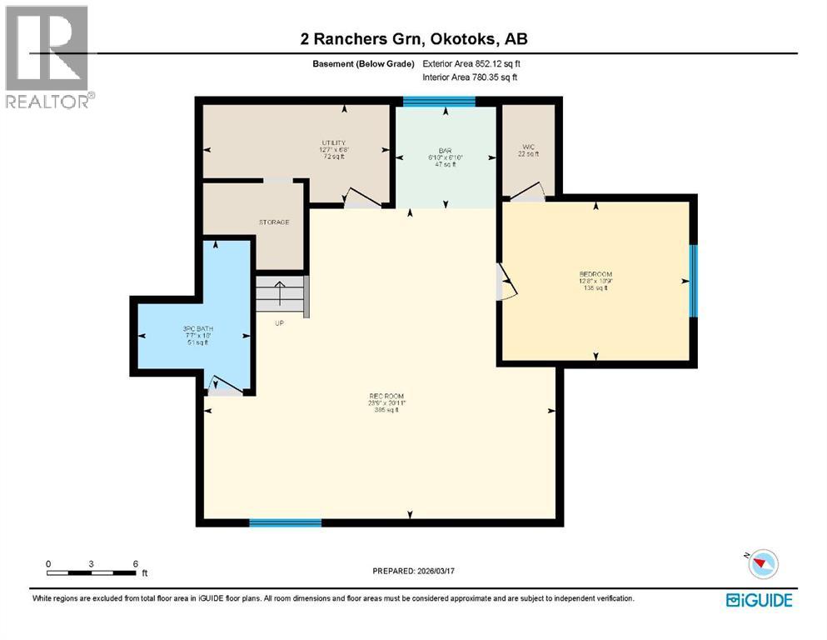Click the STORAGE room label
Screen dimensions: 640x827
pyautogui.click(x=273, y=222)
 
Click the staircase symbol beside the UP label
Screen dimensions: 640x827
pyautogui.click(x=281, y=296)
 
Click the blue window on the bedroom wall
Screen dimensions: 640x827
pyautogui.click(x=692, y=281)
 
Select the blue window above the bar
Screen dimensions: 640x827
pyautogui.click(x=439, y=102)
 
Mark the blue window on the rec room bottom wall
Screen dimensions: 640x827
pyautogui.click(x=286, y=522)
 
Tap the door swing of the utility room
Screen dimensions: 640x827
pyautogui.click(x=362, y=197)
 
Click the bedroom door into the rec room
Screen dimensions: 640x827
pyautogui.click(x=506, y=282)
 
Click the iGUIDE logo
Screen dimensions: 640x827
pyautogui.click(x=758, y=600)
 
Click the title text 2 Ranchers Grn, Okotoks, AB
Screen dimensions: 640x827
pyautogui.click(x=414, y=39)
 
